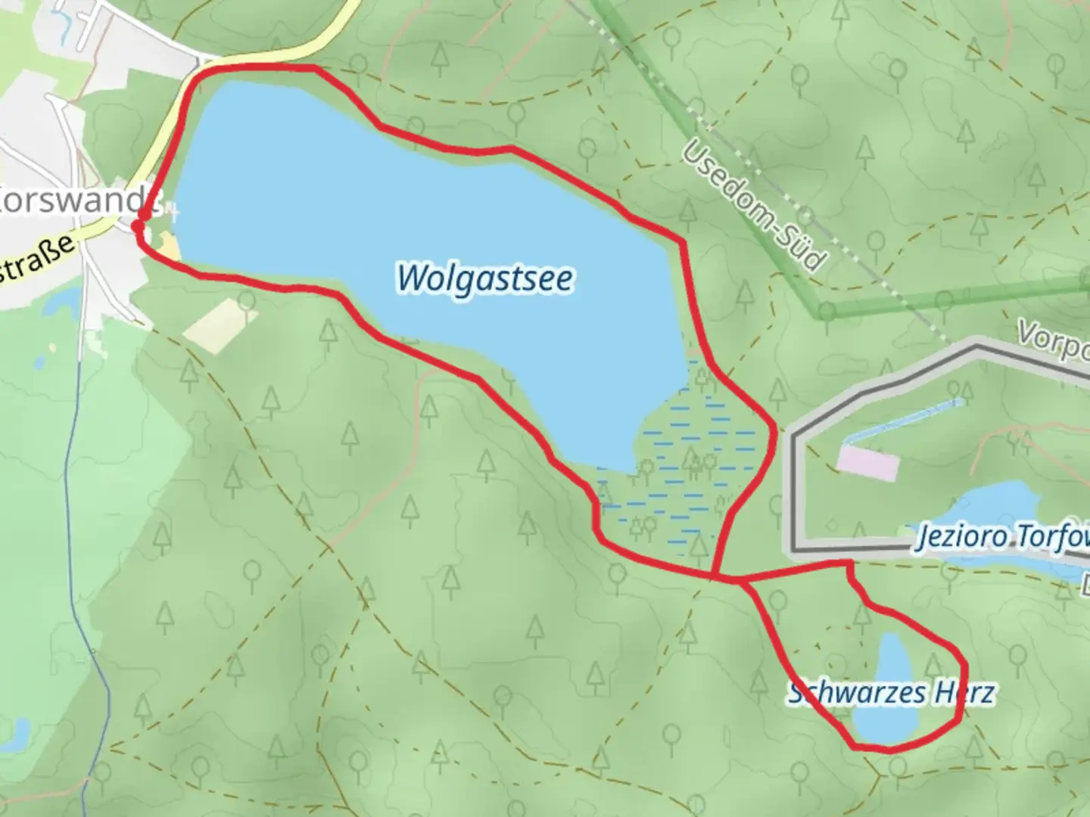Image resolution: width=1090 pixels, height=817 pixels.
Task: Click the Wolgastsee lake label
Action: (484, 278)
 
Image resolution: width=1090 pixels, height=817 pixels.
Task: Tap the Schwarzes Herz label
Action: (890, 692)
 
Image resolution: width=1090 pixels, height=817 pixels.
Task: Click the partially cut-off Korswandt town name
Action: (72, 202)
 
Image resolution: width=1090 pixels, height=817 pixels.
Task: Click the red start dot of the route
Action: (139, 225)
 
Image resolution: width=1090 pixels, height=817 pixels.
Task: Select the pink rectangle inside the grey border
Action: (868, 462)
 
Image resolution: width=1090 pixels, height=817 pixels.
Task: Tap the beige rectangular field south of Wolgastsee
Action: (220, 325)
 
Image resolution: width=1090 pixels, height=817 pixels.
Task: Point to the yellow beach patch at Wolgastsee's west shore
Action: (169, 246)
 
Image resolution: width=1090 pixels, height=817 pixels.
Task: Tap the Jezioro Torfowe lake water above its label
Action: (992, 503)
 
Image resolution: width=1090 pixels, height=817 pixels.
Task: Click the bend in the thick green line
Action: (821, 310)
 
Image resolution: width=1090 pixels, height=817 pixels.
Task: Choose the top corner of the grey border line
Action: (976, 348)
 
